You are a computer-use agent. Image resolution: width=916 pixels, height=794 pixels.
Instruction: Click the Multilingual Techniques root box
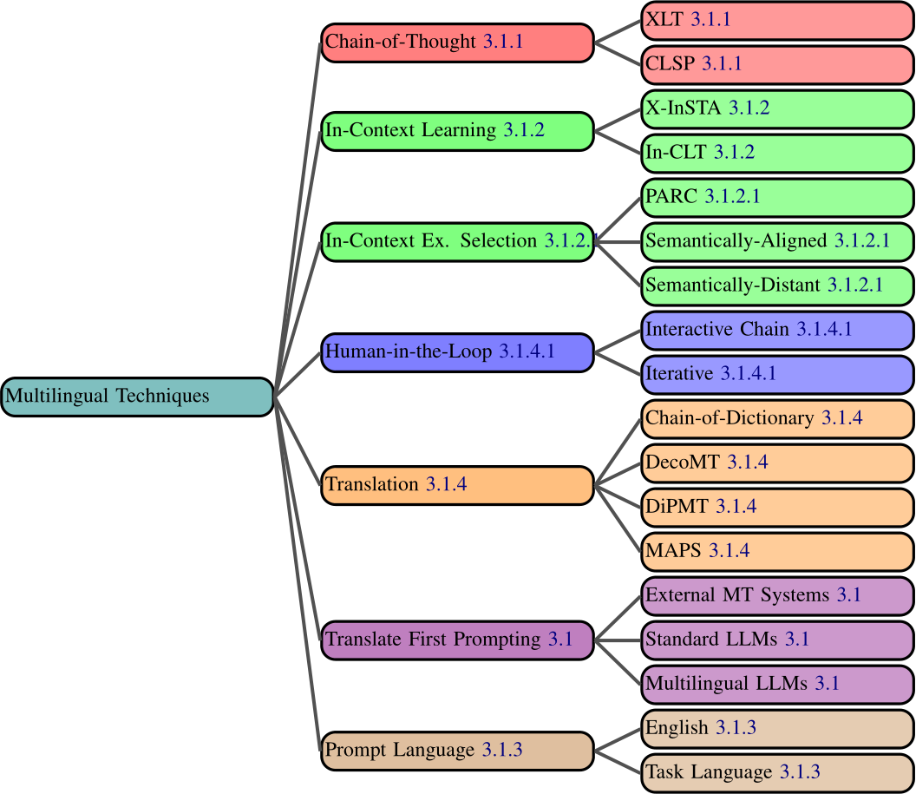[x=137, y=397]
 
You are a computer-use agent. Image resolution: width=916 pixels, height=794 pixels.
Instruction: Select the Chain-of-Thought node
[x=457, y=43]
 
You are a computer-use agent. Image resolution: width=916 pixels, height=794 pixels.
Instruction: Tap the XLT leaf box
[x=777, y=20]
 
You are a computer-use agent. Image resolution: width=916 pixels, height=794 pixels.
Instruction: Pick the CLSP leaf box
[x=777, y=64]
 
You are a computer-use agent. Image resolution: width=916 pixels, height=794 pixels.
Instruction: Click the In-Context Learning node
[x=457, y=131]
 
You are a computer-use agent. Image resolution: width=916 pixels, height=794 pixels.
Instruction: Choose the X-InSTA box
[x=777, y=108]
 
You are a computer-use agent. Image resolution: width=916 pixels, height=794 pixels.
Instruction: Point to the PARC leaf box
[x=777, y=197]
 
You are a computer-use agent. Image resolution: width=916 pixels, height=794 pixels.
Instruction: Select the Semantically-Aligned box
[x=777, y=241]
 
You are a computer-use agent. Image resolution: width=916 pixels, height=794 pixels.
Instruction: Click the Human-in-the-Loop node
[x=457, y=352]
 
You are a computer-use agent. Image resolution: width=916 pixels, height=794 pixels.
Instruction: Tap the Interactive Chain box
[x=777, y=330]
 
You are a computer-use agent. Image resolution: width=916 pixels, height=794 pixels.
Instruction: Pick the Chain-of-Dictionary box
[x=777, y=418]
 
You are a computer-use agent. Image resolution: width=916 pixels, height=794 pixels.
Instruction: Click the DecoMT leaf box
[x=777, y=463]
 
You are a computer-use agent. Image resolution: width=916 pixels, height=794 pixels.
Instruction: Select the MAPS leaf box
[x=777, y=551]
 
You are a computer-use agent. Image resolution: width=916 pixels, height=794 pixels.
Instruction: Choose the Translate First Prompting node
[x=457, y=640]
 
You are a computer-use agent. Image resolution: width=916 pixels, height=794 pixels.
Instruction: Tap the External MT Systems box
[x=777, y=595]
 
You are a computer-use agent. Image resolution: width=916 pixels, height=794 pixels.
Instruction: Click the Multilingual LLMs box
[x=777, y=684]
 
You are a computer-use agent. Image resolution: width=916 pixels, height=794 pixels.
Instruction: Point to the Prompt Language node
[x=457, y=751]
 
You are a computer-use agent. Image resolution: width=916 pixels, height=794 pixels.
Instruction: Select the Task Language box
[x=777, y=772]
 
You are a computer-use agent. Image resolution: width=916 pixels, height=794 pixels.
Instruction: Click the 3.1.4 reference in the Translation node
[x=446, y=485]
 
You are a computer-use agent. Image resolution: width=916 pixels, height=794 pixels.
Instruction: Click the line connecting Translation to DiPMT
[x=618, y=496]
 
